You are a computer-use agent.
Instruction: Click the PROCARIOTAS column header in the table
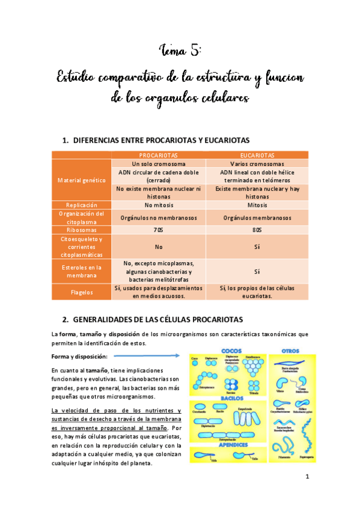[158, 155]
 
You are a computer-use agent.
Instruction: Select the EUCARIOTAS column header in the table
[257, 155]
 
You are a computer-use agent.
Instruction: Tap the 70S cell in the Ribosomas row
[158, 230]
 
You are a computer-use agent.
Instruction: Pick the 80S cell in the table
[257, 230]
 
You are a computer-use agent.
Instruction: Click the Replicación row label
[82, 204]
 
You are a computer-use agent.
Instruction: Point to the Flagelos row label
[82, 292]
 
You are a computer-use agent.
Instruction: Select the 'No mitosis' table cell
[158, 204]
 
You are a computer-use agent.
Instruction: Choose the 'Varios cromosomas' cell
[257, 164]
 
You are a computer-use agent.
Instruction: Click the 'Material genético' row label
[82, 180]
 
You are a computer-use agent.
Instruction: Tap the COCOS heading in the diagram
[231, 350]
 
